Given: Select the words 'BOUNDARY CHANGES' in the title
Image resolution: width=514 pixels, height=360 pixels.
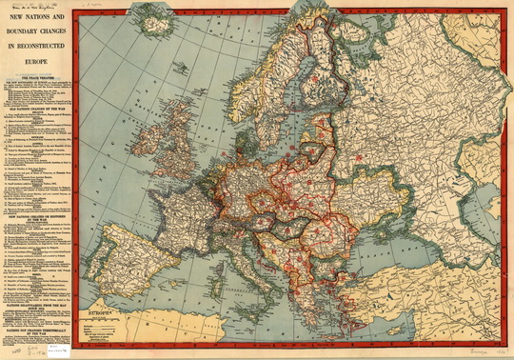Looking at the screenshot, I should point(39,30).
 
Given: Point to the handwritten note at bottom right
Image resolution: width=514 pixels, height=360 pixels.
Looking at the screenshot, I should point(482,350).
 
